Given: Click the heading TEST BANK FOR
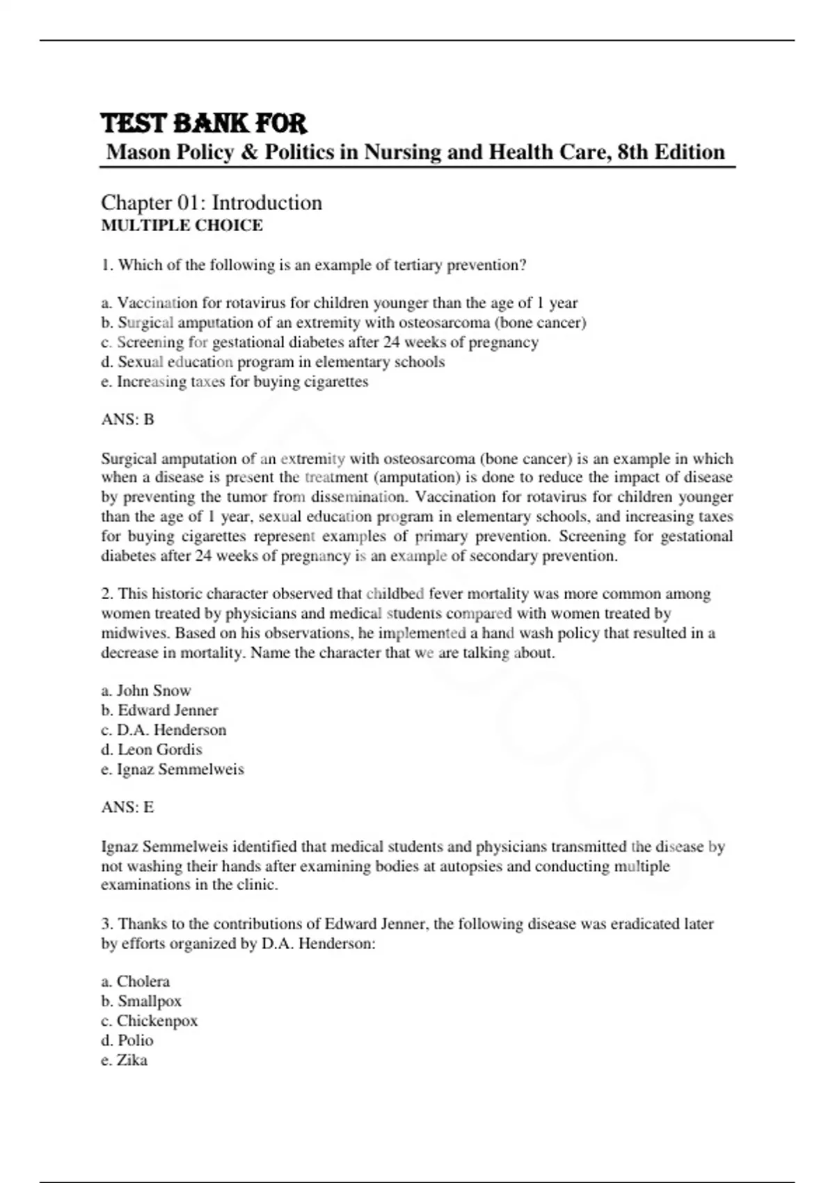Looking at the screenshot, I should click(203, 123).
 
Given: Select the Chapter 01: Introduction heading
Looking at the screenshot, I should click(212, 203).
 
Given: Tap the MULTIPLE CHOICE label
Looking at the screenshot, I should click(182, 225).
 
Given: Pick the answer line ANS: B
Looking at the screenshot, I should click(127, 419).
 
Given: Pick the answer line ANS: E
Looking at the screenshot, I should click(127, 807).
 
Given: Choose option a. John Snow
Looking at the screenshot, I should click(146, 690).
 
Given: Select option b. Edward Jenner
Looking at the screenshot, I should click(159, 710).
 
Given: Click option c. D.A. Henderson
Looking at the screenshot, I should click(164, 729).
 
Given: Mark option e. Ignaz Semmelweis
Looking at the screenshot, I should click(173, 769).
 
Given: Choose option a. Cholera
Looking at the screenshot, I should click(136, 981).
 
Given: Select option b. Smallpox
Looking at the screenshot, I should click(141, 1001).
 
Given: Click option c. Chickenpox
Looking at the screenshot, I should click(150, 1020).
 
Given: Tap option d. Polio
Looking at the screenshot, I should click(127, 1040).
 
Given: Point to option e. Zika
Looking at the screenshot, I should click(125, 1060).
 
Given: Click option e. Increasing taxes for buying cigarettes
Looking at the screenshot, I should click(234, 381).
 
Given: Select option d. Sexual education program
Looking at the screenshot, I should click(273, 362).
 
